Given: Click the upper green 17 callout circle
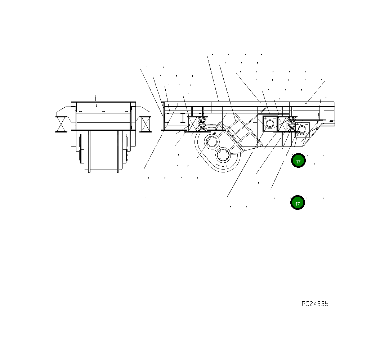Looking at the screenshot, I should pyautogui.click(x=298, y=161).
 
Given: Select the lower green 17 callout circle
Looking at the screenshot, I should pyautogui.click(x=298, y=203).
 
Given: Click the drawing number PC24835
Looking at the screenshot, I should pyautogui.click(x=315, y=304).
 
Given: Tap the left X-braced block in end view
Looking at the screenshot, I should pyautogui.click(x=61, y=124).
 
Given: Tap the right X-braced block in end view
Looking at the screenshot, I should pyautogui.click(x=146, y=124).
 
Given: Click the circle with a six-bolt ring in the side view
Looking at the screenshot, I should pyautogui.click(x=224, y=156).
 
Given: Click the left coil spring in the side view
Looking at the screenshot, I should pyautogui.click(x=202, y=124).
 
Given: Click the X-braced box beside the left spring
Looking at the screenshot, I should pyautogui.click(x=193, y=124).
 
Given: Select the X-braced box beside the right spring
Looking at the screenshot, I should pyautogui.click(x=282, y=124).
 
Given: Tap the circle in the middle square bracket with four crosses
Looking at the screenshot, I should pyautogui.click(x=269, y=124).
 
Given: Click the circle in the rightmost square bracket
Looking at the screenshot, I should pyautogui.click(x=302, y=129).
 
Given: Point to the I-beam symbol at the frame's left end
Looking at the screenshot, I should pyautogui.click(x=183, y=118).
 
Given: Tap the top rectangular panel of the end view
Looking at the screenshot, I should pyautogui.click(x=103, y=107).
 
